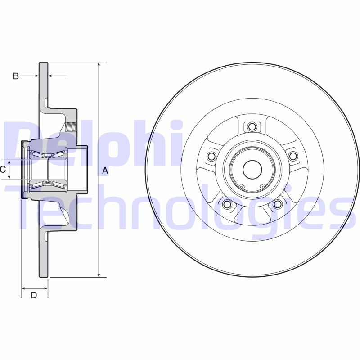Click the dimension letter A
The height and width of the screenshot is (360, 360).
105,171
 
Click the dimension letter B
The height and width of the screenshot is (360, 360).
15,76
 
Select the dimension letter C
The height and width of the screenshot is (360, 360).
3,170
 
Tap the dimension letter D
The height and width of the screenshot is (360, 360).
34,295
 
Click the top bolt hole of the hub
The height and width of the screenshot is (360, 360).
252,126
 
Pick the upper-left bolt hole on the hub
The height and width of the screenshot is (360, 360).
211,156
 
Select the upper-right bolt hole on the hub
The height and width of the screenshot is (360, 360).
293,156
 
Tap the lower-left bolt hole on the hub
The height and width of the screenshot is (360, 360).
227,205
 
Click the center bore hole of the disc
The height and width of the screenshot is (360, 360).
252,170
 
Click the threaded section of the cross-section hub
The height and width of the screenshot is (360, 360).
71,126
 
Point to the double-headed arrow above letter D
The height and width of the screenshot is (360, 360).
34,288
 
